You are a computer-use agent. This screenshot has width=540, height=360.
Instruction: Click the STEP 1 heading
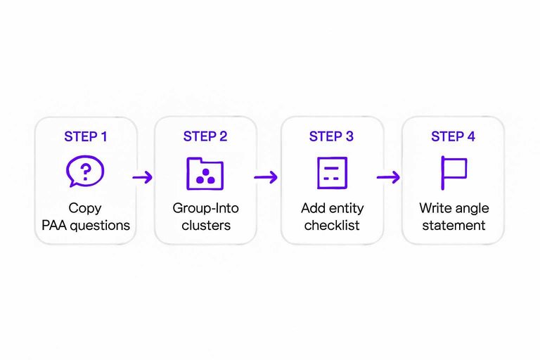86,136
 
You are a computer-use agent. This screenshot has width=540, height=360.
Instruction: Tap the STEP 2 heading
205,136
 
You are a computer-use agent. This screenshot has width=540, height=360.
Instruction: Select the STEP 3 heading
331,136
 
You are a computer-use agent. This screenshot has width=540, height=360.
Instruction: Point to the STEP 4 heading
453,136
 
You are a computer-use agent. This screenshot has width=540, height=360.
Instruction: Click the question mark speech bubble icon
85,171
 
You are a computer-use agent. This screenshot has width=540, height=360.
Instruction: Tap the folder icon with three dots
205,172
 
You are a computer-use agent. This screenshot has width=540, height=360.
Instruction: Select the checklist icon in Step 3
331,172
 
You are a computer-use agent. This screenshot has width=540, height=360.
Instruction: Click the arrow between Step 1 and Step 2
143,176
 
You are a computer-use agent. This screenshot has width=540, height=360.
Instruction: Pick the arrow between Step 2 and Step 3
266,176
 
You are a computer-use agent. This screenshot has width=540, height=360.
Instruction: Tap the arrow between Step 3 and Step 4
388,176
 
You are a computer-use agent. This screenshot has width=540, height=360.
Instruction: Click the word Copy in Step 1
85,209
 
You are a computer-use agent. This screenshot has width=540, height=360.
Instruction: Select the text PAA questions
85,226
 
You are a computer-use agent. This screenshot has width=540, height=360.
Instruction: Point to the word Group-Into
205,209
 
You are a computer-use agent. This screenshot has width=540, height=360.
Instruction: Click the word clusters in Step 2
205,226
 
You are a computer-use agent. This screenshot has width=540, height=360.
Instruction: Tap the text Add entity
331,209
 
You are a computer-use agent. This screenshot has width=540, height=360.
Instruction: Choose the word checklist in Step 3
331,226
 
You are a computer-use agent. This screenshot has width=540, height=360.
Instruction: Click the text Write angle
454,209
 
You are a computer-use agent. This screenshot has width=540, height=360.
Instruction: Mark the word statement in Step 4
454,226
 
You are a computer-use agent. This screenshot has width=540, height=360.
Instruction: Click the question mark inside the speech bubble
86,169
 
